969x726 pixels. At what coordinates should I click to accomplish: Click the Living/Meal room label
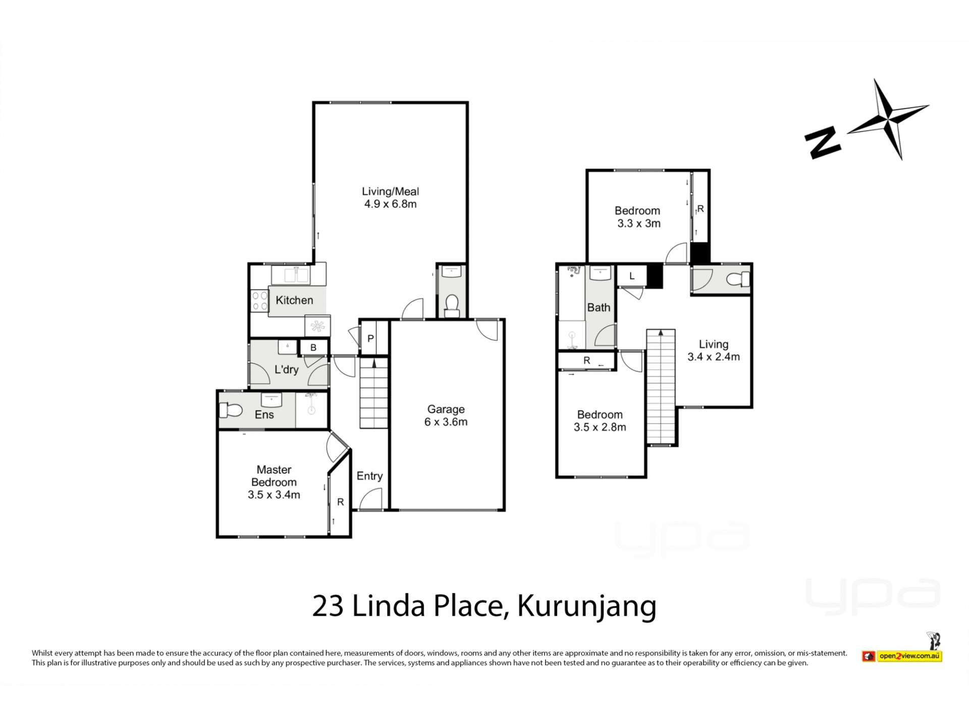pyautogui.click(x=390, y=192)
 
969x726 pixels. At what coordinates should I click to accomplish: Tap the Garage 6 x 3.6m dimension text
pyautogui.click(x=446, y=422)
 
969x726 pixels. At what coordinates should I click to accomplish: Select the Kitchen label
pyautogui.click(x=294, y=300)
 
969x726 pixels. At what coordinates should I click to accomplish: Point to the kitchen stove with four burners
pyautogui.click(x=259, y=301)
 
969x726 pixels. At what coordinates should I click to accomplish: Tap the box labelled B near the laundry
pyautogui.click(x=313, y=347)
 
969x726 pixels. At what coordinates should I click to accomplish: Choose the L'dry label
pyautogui.click(x=286, y=370)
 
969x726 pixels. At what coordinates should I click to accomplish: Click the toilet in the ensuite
pyautogui.click(x=230, y=410)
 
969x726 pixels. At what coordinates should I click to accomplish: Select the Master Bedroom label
pyautogui.click(x=274, y=476)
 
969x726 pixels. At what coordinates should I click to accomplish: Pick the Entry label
pyautogui.click(x=369, y=476)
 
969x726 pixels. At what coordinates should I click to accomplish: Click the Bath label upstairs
pyautogui.click(x=599, y=308)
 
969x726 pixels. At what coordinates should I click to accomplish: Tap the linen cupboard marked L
pyautogui.click(x=632, y=276)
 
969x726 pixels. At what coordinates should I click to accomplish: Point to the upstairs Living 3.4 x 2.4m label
pyautogui.click(x=714, y=351)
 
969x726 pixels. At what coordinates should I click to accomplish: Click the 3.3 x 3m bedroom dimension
pyautogui.click(x=639, y=223)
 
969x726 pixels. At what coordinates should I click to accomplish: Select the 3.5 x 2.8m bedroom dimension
pyautogui.click(x=600, y=427)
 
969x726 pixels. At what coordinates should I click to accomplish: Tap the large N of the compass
pyautogui.click(x=823, y=143)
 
